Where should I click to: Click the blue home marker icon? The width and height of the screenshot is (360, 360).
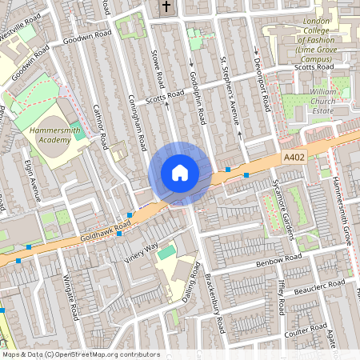(x=180, y=173)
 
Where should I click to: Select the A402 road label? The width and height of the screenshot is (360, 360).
(x=294, y=160)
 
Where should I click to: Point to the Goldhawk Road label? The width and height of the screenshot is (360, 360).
(x=105, y=231)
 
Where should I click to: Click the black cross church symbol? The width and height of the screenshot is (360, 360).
(x=166, y=8)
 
